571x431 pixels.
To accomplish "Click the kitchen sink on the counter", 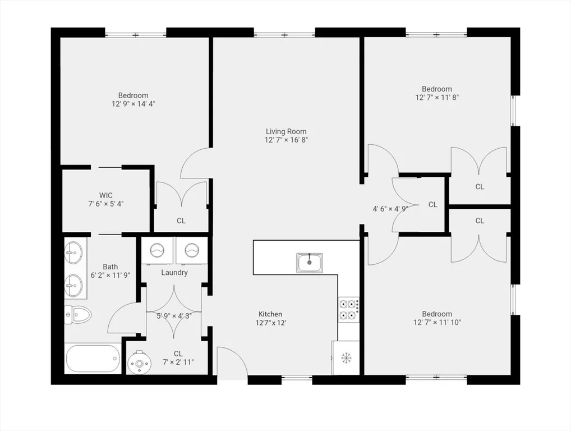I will [x=309, y=262].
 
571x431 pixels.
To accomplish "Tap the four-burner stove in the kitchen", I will [x=348, y=310].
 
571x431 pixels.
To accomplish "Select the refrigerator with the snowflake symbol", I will [x=346, y=357].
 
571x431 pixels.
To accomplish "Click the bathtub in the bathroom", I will [x=93, y=358].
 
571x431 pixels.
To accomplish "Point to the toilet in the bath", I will [x=77, y=315].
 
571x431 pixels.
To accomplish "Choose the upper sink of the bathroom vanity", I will [x=74, y=253].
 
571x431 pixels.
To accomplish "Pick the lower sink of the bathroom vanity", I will [x=74, y=285].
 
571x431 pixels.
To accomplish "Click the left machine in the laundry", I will [x=157, y=250].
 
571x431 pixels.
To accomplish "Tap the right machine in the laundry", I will [x=192, y=250].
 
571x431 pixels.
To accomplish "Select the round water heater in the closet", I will [x=138, y=363].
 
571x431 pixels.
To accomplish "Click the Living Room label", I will [x=286, y=131].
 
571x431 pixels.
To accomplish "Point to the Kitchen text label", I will [x=270, y=314].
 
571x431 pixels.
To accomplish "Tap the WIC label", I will [x=106, y=195].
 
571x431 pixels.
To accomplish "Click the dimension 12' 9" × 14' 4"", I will [x=133, y=104].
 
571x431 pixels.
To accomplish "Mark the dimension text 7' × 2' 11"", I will [x=178, y=363].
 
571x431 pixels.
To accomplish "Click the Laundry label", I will [x=174, y=273].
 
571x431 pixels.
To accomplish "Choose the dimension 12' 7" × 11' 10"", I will [x=437, y=323].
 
